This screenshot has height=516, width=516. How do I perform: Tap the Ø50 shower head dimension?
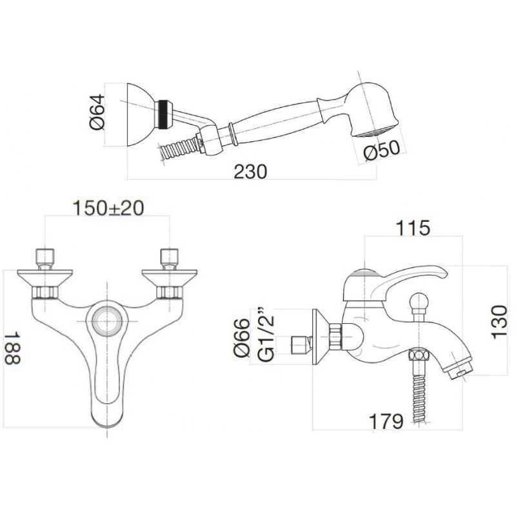382,150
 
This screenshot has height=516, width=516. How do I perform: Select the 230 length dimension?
250,172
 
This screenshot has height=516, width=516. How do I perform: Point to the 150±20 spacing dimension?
108,208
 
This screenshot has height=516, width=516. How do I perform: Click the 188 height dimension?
12,348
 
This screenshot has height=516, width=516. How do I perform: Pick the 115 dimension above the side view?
413,228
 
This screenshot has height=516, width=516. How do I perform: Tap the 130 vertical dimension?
499,321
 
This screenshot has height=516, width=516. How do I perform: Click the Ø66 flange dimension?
242,337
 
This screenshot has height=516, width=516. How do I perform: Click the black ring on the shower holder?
164,115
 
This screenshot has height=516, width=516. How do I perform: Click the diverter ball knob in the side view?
419,301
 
